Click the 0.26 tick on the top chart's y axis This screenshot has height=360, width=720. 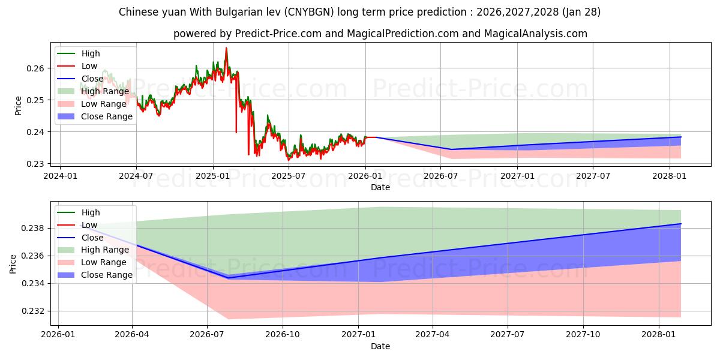pos(35,68)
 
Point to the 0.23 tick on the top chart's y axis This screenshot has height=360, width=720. pos(35,164)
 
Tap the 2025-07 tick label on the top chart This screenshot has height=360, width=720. pos(289,176)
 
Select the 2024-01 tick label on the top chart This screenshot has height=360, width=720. pos(60,176)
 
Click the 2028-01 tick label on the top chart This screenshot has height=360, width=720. pos(670,176)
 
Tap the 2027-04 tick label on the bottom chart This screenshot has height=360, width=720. pos(433,335)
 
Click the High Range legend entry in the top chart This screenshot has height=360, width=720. pos(105,91)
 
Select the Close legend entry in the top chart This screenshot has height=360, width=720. pos(92,79)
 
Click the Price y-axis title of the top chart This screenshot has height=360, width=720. pos(18,106)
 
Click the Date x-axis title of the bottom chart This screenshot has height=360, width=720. pos(380,346)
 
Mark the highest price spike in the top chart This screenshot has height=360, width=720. pos(226,48)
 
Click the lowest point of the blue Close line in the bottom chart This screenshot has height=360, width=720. pos(228,278)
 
